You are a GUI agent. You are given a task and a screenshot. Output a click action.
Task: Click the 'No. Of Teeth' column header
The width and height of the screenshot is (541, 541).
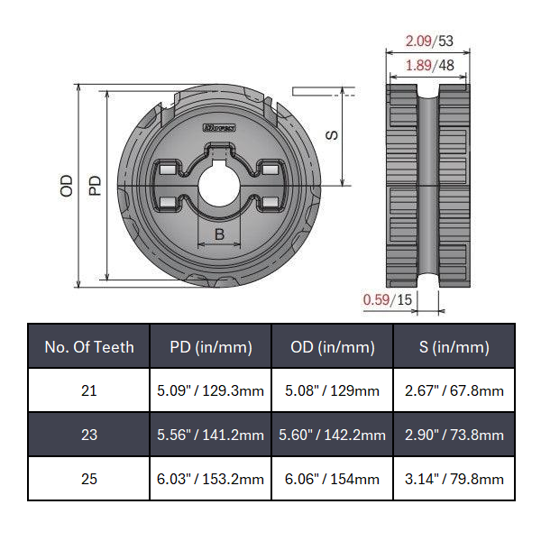pyautogui.click(x=89, y=347)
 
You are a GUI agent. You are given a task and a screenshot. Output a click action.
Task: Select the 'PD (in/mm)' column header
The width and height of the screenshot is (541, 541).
pyautogui.click(x=211, y=347)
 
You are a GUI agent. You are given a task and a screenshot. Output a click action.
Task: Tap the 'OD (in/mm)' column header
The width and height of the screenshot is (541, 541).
pyautogui.click(x=333, y=347)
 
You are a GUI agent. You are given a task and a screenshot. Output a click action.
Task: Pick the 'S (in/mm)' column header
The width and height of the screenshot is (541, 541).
pyautogui.click(x=454, y=347)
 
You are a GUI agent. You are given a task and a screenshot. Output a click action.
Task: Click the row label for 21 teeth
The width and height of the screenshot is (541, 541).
pyautogui.click(x=89, y=391)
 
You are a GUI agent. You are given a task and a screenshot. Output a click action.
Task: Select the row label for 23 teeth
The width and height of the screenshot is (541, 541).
pyautogui.click(x=89, y=435)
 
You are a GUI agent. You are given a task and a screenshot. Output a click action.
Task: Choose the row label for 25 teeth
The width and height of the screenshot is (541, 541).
pyautogui.click(x=89, y=479)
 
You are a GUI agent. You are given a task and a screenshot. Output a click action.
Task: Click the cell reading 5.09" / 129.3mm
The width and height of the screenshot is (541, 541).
pyautogui.click(x=211, y=391)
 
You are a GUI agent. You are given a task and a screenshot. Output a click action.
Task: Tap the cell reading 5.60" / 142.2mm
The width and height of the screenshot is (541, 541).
pyautogui.click(x=333, y=435)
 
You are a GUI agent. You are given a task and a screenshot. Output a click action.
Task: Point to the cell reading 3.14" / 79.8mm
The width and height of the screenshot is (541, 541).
pyautogui.click(x=454, y=479)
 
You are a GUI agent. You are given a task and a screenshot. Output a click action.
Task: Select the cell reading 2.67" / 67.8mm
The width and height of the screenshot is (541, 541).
pyautogui.click(x=454, y=391)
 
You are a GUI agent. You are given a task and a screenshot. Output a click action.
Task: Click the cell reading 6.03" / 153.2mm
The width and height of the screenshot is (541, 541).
pyautogui.click(x=211, y=479)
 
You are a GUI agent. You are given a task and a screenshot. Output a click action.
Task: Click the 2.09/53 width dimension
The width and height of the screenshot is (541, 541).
pyautogui.click(x=428, y=41)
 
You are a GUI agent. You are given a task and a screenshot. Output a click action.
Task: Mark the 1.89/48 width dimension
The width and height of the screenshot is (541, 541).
pyautogui.click(x=428, y=65)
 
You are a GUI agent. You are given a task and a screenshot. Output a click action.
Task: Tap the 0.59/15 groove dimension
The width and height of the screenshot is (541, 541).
pyautogui.click(x=387, y=300)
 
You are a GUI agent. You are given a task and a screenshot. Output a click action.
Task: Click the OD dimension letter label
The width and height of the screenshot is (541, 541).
pyautogui.click(x=67, y=186)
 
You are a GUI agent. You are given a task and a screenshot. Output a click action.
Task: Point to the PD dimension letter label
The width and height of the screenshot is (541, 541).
pyautogui.click(x=95, y=185)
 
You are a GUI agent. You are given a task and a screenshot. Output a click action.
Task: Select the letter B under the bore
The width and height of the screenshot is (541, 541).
pyautogui.click(x=219, y=234)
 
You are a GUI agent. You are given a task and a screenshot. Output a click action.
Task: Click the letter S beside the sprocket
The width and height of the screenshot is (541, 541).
pyautogui.click(x=331, y=134)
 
